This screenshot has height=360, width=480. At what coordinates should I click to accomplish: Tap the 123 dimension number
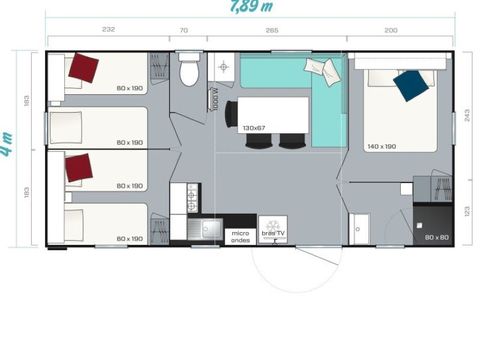coord(467,211)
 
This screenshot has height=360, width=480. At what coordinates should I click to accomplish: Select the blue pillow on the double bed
coord(409,84)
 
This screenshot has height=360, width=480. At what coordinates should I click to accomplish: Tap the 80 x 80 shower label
coord(435,237)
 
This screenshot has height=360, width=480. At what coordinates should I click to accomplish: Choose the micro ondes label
coord(240,236)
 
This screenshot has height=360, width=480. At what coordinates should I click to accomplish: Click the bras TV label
coord(272,235)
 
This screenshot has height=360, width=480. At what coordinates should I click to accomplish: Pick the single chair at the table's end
coord(232,114)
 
